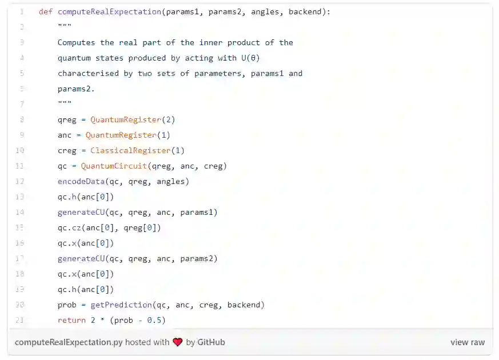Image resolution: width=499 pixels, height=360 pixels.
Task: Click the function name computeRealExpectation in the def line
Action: tap(109, 11)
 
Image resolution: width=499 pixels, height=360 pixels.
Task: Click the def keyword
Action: tap(46, 11)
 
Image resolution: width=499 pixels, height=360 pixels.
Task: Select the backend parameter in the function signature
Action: tap(305, 11)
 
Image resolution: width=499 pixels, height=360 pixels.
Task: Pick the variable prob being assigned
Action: tap(67, 305)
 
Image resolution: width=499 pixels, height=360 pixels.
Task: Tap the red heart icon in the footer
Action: tap(178, 342)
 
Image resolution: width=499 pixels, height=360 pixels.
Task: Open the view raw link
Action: tap(467, 342)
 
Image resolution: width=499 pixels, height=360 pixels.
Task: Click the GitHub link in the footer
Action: tap(211, 342)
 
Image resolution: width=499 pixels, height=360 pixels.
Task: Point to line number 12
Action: tap(19, 181)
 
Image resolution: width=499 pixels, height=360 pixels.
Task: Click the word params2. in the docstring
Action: tap(76, 89)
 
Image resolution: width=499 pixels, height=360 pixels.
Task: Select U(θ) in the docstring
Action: tap(249, 58)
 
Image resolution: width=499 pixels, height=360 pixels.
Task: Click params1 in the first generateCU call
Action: tap(198, 212)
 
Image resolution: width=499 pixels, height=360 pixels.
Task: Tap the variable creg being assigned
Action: tap(67, 150)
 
